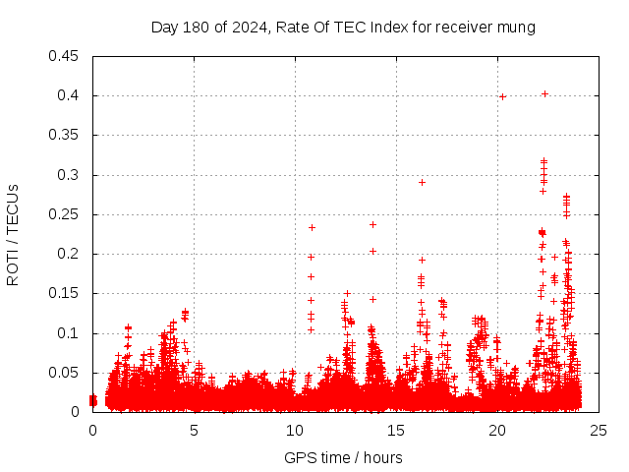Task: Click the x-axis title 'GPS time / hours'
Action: (343, 457)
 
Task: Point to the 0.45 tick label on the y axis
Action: (66, 56)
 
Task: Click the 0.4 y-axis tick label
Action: (70, 95)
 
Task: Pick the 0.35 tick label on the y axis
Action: (66, 135)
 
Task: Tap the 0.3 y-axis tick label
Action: (70, 175)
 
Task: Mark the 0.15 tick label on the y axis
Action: (66, 293)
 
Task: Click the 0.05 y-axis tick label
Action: (66, 373)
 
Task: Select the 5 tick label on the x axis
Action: (194, 430)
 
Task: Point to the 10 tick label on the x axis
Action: (295, 430)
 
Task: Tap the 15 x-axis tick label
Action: (396, 430)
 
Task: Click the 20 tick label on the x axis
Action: (497, 430)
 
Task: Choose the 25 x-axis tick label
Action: (598, 430)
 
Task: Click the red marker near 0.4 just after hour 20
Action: (502, 96)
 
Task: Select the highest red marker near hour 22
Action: (544, 94)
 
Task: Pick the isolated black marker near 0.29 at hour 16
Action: (422, 182)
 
